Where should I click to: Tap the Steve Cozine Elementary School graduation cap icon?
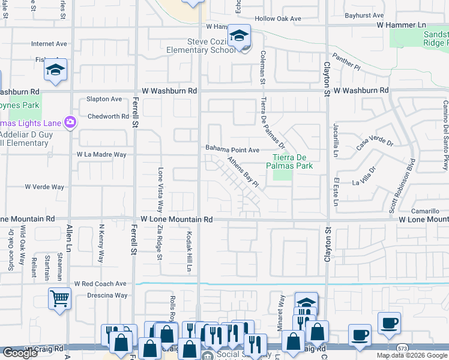239,36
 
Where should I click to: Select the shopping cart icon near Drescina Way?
60,298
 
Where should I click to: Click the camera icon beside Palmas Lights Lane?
71,122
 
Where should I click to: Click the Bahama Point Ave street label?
232,149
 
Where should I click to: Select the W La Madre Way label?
101,154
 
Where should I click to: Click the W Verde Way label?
44,187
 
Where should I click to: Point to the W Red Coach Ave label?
100,283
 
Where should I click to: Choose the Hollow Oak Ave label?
277,19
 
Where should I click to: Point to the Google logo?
20,353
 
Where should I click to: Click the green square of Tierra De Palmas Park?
283,174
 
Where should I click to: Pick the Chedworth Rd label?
108,116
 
